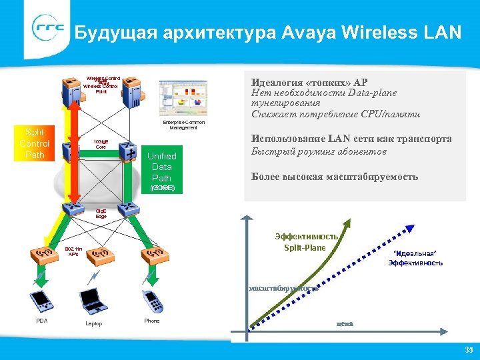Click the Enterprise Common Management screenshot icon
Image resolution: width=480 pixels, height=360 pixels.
pos(183,99)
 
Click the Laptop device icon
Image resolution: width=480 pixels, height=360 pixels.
pos(93,302)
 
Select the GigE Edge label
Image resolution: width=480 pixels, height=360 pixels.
pos(101,213)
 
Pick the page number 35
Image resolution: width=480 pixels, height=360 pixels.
pos(467,350)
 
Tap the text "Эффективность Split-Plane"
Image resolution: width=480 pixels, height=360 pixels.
pos(305,242)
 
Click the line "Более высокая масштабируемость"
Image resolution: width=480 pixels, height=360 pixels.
pos(335,177)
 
